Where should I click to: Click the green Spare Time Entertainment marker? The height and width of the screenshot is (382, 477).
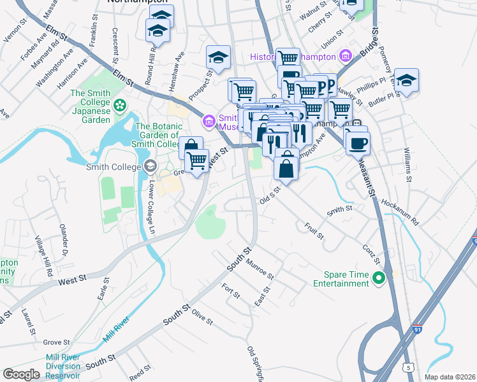pos(378,278)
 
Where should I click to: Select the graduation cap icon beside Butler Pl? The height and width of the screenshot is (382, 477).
pos(406,81)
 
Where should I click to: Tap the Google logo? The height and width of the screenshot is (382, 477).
pos(20,374)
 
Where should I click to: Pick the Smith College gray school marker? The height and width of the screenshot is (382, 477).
pos(150,167)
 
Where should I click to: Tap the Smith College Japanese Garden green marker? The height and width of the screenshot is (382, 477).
pos(119,104)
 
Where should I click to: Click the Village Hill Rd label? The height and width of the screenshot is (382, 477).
pos(45,255)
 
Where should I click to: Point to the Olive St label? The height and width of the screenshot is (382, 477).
pos(202,316)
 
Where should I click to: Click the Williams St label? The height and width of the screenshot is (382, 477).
pos(407,164)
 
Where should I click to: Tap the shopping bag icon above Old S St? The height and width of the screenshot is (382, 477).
pos(286,168)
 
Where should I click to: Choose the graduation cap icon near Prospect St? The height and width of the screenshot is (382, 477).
pos(218,58)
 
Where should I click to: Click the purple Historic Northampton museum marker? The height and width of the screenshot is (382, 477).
pos(346,57)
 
